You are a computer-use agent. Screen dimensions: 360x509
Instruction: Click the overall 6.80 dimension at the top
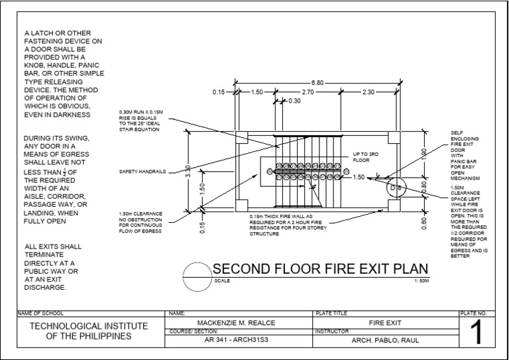coord(318,83)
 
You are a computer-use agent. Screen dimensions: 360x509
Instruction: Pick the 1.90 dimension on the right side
coord(425,154)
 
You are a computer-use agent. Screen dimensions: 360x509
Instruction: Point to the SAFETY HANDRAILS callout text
coord(142,172)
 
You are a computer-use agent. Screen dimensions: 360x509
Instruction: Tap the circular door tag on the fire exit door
coord(396,189)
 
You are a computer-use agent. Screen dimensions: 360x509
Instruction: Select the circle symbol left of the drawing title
coord(197,276)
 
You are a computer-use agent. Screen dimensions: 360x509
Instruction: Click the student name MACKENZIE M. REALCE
coord(237,322)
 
